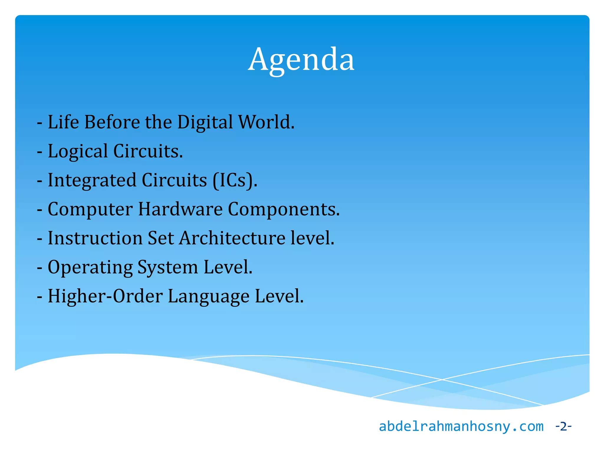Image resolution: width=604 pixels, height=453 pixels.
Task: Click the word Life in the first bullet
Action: [x=63, y=122]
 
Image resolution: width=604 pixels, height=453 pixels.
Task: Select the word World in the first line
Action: [x=265, y=122]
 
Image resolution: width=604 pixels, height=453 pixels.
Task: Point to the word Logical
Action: [x=78, y=152]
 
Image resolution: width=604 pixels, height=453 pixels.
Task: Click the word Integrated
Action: [x=92, y=180]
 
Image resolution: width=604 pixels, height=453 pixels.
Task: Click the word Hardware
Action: [x=180, y=209]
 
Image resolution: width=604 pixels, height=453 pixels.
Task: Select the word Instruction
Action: [x=95, y=238]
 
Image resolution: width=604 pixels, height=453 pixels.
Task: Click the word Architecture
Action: [x=232, y=238]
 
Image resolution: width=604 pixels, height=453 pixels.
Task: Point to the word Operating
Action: [x=90, y=267]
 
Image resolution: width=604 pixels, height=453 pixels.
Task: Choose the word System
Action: [x=168, y=267]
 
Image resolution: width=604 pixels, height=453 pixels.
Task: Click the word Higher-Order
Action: [x=105, y=296]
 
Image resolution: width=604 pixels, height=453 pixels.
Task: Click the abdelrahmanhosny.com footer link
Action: [x=461, y=427]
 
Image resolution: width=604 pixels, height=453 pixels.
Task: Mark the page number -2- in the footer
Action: [x=563, y=426]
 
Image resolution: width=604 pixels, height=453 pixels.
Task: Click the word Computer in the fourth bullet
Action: [x=90, y=210]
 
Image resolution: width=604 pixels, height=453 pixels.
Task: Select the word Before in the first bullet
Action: [x=112, y=122]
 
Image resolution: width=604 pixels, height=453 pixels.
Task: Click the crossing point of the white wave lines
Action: [x=442, y=380]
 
